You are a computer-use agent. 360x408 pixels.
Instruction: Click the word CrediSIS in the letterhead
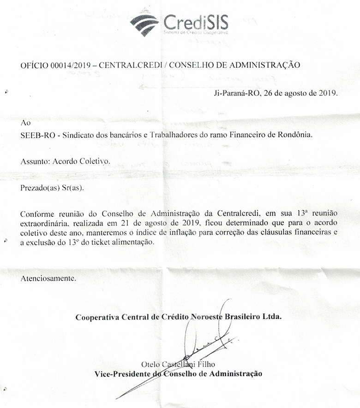point(196,21)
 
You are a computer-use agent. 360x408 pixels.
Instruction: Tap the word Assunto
point(35,162)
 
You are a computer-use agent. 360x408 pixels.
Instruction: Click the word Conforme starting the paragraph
point(37,215)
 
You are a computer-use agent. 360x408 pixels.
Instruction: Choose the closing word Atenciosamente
point(48,278)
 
